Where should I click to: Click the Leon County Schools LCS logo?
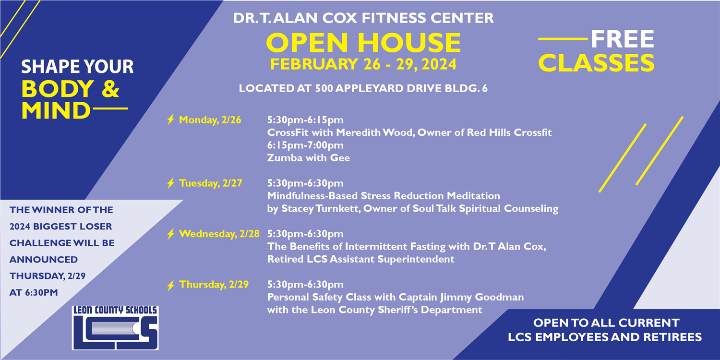tap(115, 327)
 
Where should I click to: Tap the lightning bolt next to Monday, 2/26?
tap(171, 119)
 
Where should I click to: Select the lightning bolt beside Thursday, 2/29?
tap(171, 285)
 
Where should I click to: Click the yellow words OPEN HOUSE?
tap(363, 43)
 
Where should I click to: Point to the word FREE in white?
tap(623, 39)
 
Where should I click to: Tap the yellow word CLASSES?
tap(596, 63)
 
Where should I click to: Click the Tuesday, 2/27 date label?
tap(211, 183)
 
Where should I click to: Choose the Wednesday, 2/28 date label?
tap(219, 234)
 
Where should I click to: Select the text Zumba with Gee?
tap(309, 158)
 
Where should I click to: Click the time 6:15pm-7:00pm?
tap(305, 145)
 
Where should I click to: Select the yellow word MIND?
tap(56, 110)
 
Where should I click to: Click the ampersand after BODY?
tap(110, 89)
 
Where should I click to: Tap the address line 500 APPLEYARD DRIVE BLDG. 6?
tap(401, 88)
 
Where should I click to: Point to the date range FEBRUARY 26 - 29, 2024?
tap(363, 64)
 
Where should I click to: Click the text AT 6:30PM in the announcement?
tap(34, 292)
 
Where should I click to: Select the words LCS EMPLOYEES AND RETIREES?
tap(605, 337)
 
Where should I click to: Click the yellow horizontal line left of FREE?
tap(563, 39)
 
